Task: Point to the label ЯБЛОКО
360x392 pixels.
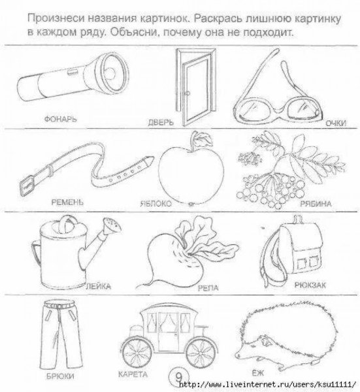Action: pos(154,204)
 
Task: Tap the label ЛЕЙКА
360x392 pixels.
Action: pos(100,286)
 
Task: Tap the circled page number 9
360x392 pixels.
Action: pos(175,376)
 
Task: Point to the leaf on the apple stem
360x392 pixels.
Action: pos(204,138)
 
